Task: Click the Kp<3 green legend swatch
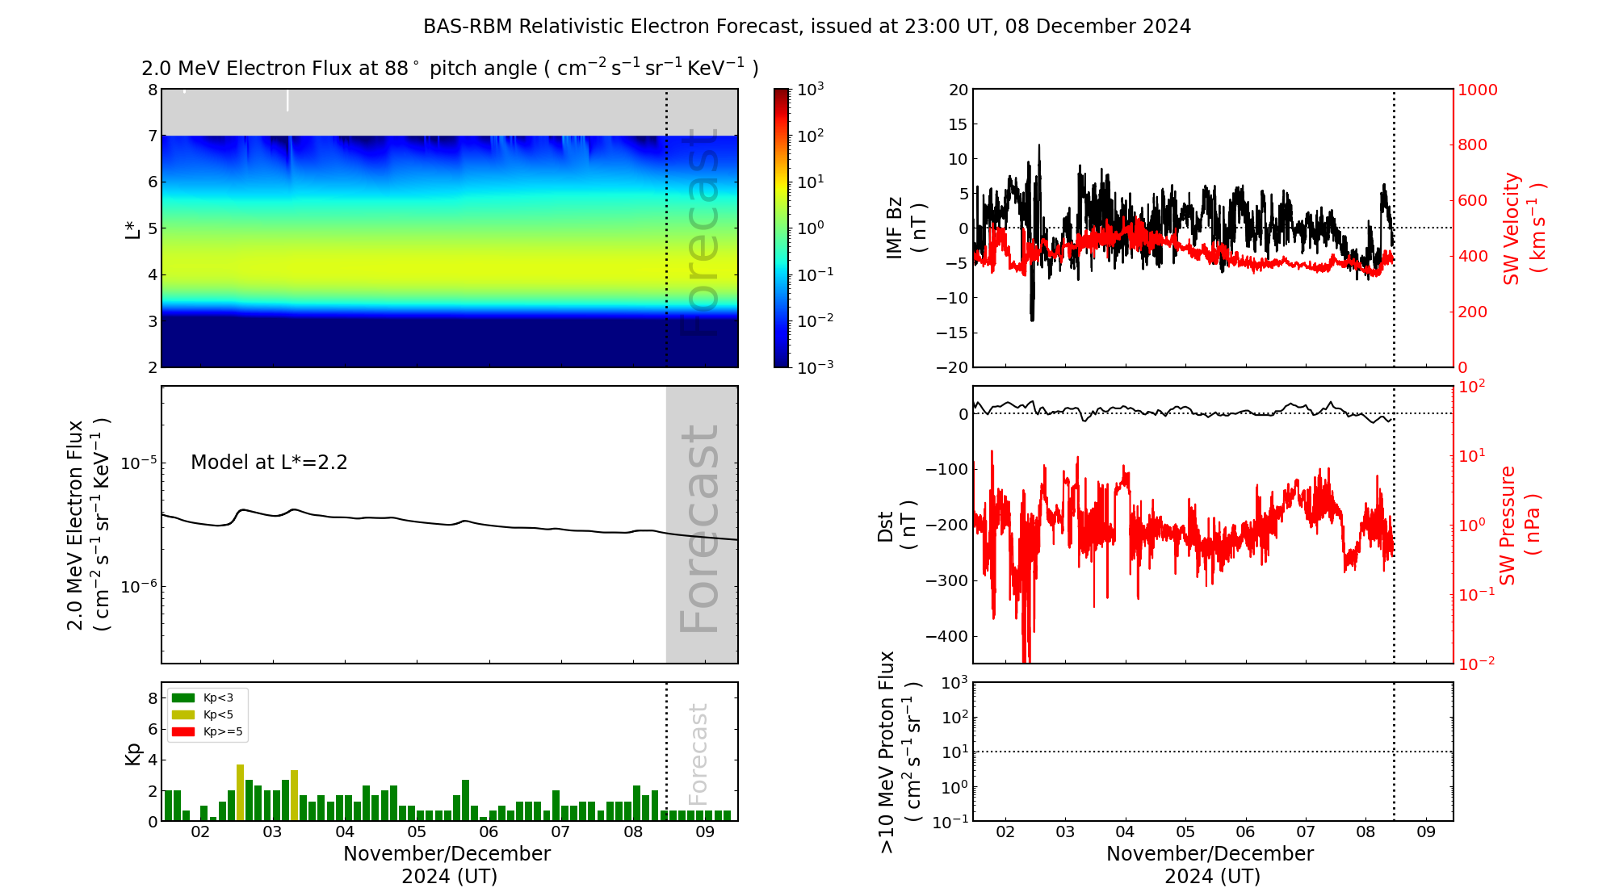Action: pyautogui.click(x=183, y=697)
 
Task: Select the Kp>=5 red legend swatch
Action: pyautogui.click(x=183, y=732)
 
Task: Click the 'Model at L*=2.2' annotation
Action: pyautogui.click(x=269, y=463)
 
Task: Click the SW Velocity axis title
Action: pyautogui.click(x=1523, y=228)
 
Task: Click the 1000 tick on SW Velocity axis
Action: pyautogui.click(x=1477, y=90)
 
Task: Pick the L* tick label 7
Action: pyautogui.click(x=153, y=136)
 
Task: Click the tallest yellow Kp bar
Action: pyautogui.click(x=240, y=791)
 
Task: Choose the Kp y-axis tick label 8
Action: pyautogui.click(x=153, y=698)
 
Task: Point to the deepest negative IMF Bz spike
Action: pyautogui.click(x=1032, y=319)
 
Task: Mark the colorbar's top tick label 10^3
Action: pyautogui.click(x=811, y=90)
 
